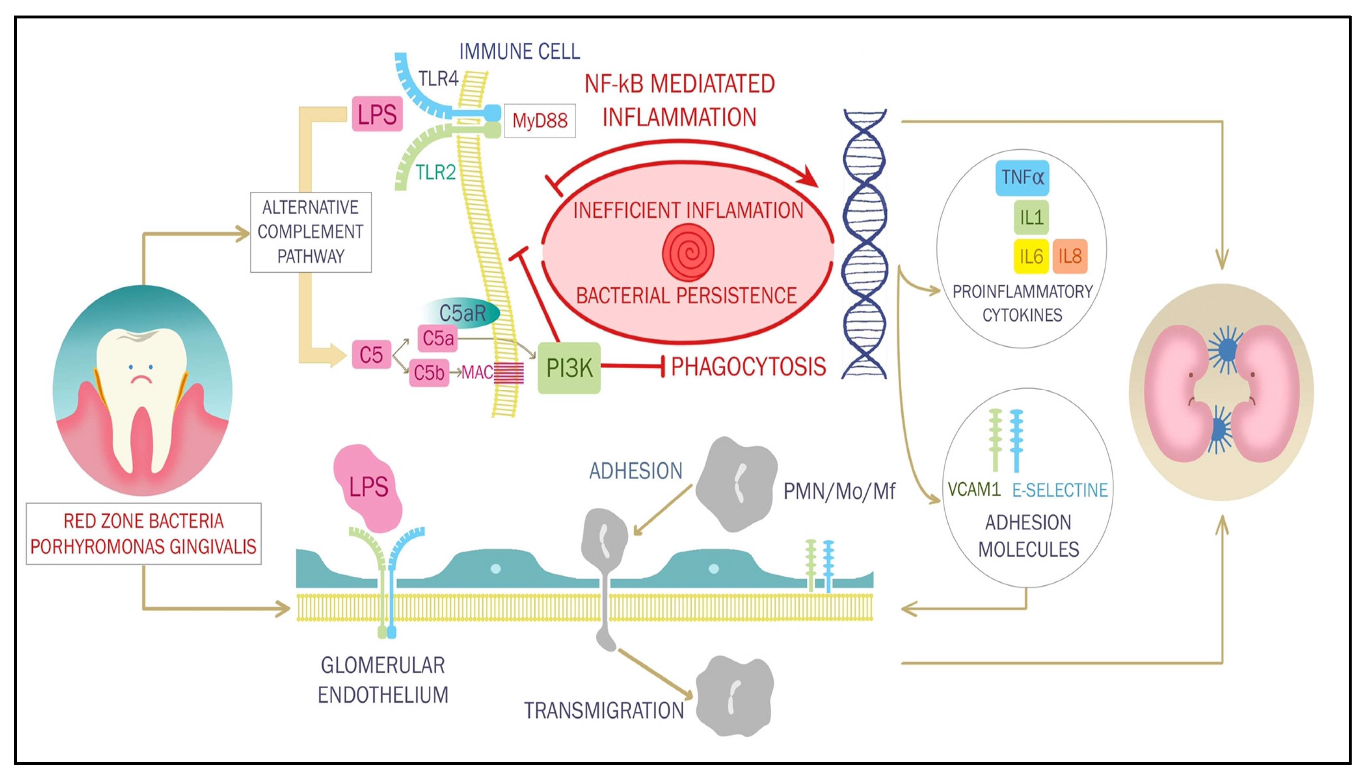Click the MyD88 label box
(x=539, y=120)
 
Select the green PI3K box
(x=569, y=368)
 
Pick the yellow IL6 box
(x=1031, y=256)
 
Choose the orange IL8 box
(x=1070, y=256)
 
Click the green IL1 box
(x=1031, y=217)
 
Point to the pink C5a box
(x=437, y=338)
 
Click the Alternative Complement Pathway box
(x=311, y=232)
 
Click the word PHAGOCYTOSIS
(x=748, y=367)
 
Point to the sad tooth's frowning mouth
(x=140, y=379)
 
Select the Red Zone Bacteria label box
(x=143, y=534)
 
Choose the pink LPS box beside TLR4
(x=377, y=114)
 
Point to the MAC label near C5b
(x=477, y=373)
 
